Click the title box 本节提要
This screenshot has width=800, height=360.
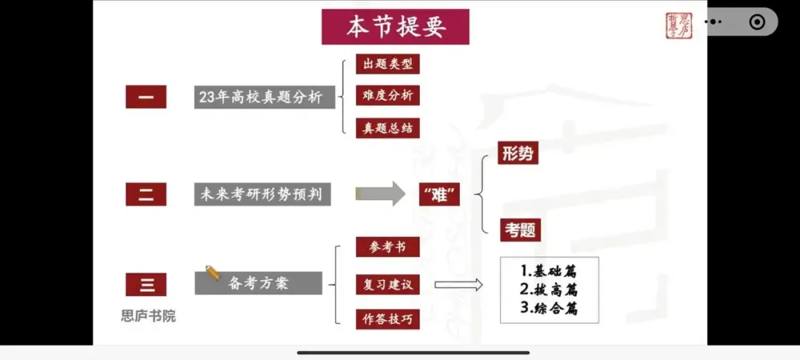396,27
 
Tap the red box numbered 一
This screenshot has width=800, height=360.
146,96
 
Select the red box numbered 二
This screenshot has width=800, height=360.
146,194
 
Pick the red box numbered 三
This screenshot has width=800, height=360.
146,284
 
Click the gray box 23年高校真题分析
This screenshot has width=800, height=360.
264,96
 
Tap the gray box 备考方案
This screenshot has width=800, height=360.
259,283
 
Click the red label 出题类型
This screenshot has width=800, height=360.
387,64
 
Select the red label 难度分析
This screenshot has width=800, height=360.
387,96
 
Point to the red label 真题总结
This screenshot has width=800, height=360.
387,127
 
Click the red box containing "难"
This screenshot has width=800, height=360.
440,194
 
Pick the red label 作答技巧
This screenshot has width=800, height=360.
387,319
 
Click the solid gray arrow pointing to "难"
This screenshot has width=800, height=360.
380,194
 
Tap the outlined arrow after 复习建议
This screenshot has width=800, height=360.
459,285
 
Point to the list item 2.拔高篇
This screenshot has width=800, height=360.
549,289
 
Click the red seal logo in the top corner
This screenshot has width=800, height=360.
679,25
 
